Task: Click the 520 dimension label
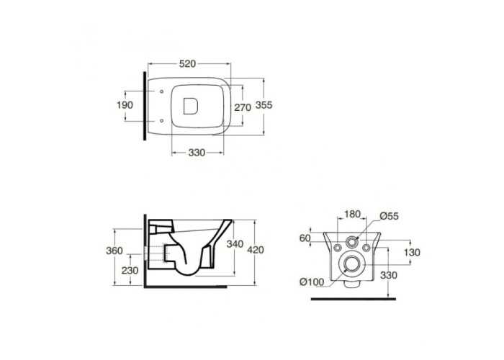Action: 187,63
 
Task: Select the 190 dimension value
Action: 125,105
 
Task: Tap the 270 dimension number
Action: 243,107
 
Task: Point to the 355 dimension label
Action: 264,105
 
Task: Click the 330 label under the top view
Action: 197,153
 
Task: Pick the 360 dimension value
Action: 114,251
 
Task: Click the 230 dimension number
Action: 130,271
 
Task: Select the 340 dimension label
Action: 235,244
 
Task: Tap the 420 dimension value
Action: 256,250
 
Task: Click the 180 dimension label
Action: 352,214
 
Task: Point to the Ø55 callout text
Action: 389,216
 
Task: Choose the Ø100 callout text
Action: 312,282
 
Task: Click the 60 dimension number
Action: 305,238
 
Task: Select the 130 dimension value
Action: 412,253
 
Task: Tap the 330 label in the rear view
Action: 388,275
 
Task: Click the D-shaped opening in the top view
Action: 190,106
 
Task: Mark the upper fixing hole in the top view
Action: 162,91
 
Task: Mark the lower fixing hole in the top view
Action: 162,121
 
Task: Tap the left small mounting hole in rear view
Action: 338,248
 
